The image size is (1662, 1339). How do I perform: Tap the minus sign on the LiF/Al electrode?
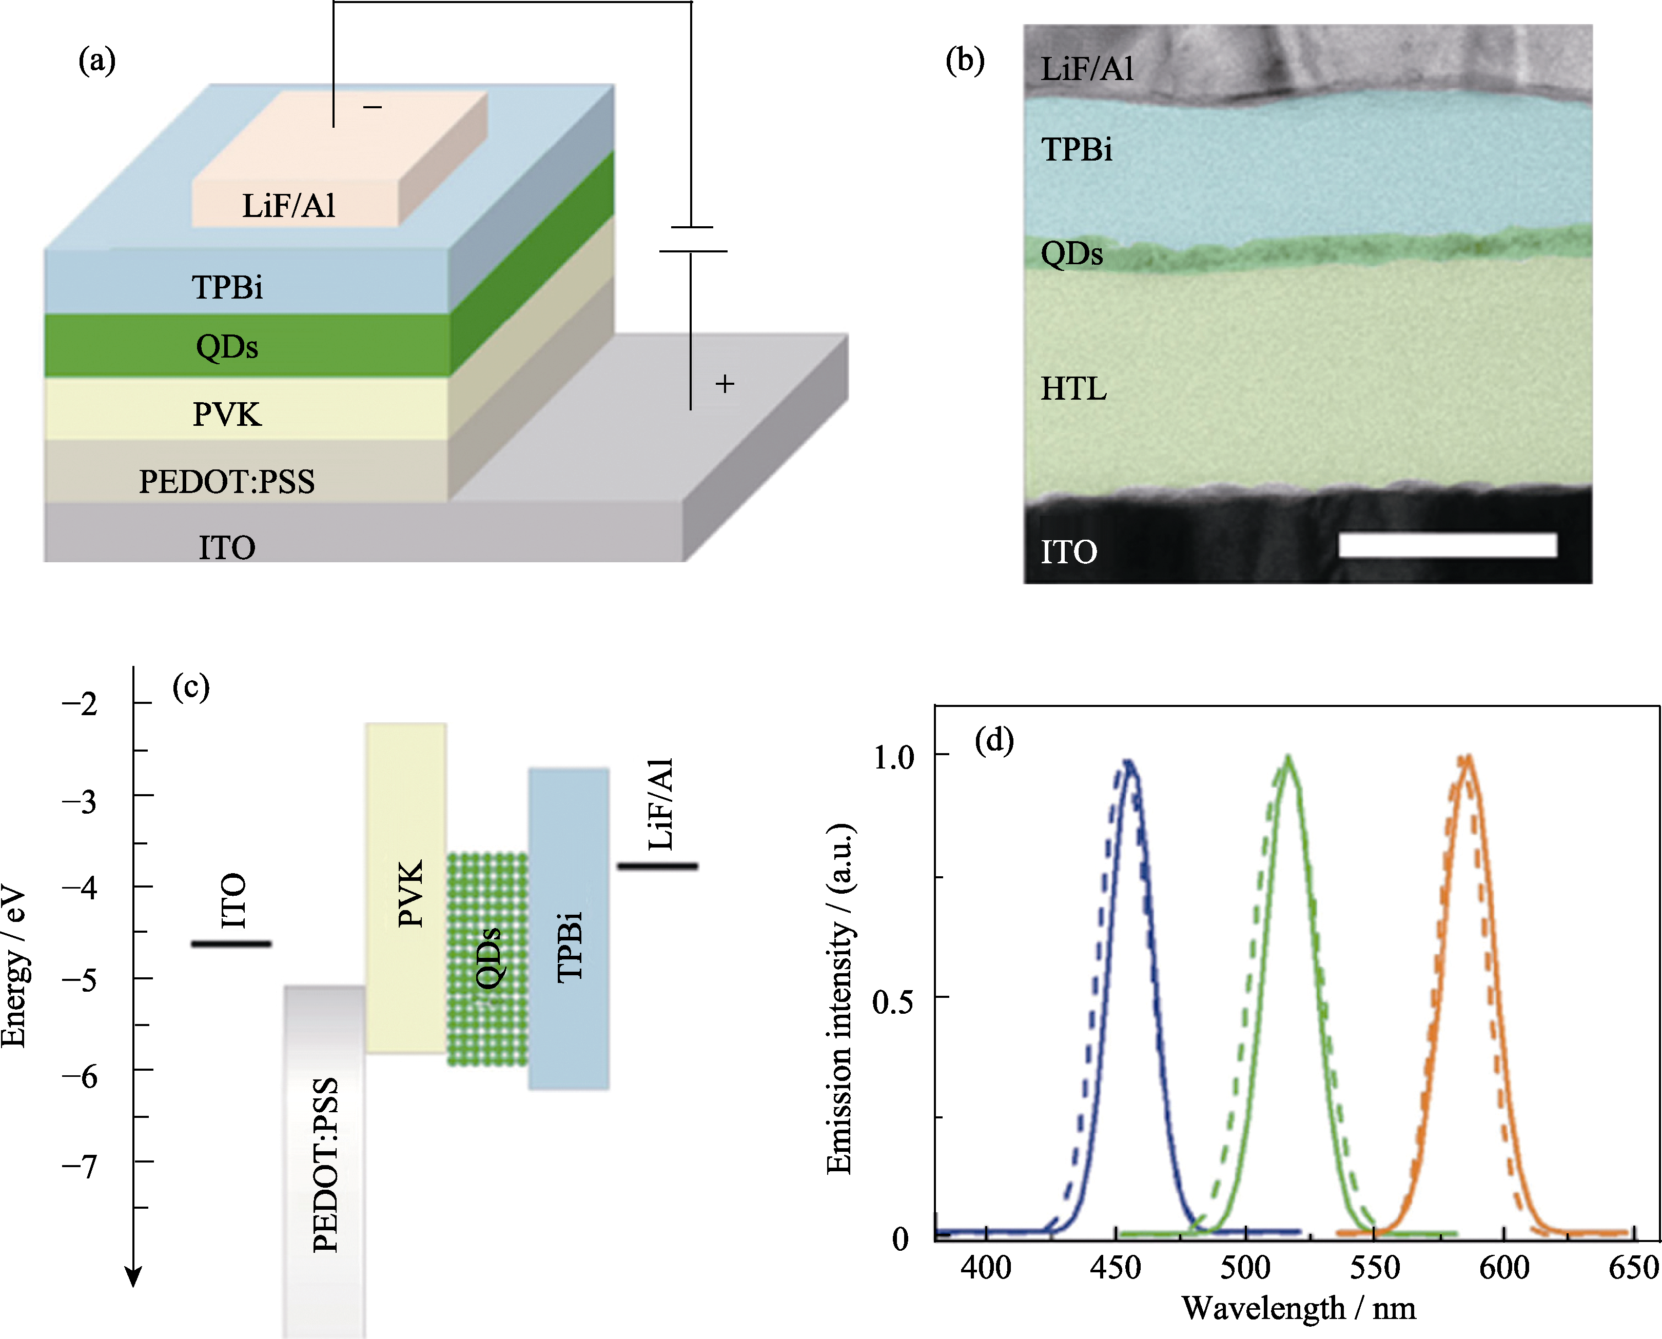(x=373, y=107)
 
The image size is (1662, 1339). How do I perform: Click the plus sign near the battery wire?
(x=725, y=383)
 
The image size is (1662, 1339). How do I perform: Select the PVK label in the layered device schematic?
(x=227, y=415)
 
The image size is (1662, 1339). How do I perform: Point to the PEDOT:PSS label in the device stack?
(x=227, y=481)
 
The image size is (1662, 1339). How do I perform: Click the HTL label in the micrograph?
(x=1073, y=389)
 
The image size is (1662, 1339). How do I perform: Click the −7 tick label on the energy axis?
(x=80, y=1166)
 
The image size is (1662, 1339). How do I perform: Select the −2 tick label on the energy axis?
(x=80, y=703)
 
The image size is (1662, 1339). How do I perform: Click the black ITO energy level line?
(x=231, y=943)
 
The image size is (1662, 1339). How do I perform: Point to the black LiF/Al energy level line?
(x=657, y=866)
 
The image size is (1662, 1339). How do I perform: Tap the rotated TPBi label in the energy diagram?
(x=570, y=947)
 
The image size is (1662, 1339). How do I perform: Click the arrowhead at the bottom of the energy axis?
(x=133, y=1278)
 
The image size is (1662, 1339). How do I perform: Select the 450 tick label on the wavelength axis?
(x=1116, y=1267)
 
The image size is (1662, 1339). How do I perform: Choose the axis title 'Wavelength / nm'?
(x=1299, y=1309)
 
